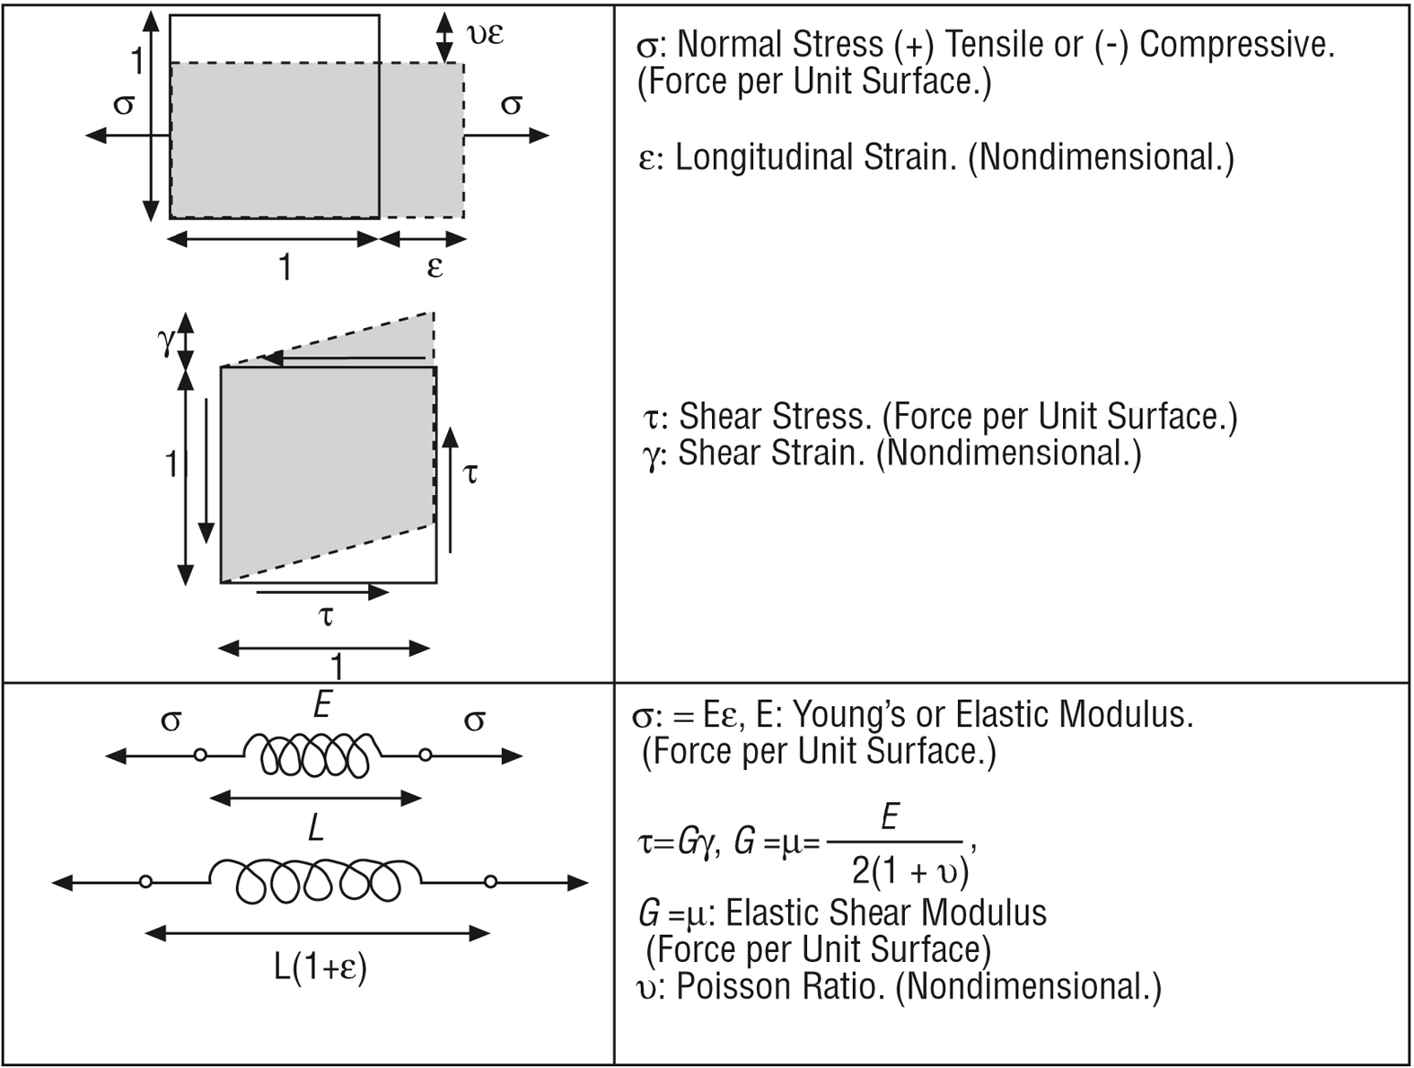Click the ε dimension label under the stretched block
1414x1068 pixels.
(x=435, y=267)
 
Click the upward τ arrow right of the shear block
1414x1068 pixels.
(x=451, y=490)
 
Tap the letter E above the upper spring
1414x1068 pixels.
(x=322, y=706)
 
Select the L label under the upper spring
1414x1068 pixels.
(x=314, y=829)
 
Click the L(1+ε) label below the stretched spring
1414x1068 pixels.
(x=321, y=968)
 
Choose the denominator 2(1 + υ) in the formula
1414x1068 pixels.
(x=909, y=870)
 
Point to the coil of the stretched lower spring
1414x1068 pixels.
(x=317, y=880)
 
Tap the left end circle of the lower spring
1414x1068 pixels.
(x=145, y=882)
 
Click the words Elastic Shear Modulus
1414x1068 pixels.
(x=886, y=913)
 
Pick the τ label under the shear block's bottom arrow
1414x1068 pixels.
(x=326, y=617)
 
